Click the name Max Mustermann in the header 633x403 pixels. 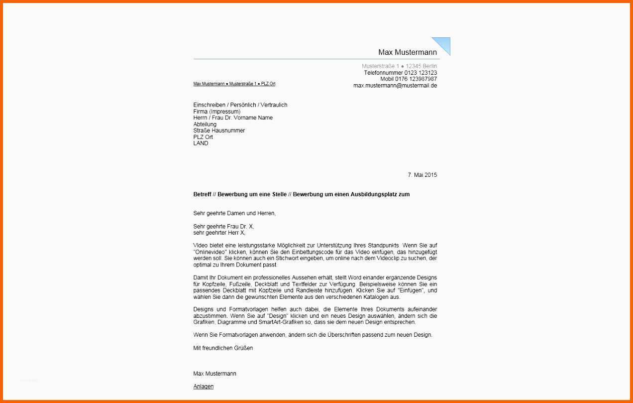coord(407,52)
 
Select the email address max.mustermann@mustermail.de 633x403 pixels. coord(395,86)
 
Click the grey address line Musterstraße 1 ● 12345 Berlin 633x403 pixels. coord(399,66)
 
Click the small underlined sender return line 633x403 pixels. coord(234,84)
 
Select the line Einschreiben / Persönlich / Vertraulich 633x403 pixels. coord(240,105)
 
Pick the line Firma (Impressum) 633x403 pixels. coord(216,112)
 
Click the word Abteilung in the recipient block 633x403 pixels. coord(205,124)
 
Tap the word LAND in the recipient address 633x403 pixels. coord(201,143)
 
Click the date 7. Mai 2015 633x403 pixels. coord(422,175)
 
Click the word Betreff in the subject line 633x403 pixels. coord(202,194)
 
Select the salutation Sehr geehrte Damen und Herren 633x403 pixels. coord(234,213)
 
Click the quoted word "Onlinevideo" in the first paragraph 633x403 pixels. coord(211,253)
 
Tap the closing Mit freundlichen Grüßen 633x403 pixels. coord(223,348)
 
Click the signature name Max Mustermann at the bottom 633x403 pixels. coord(214,374)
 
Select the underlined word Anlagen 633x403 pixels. coord(203,387)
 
